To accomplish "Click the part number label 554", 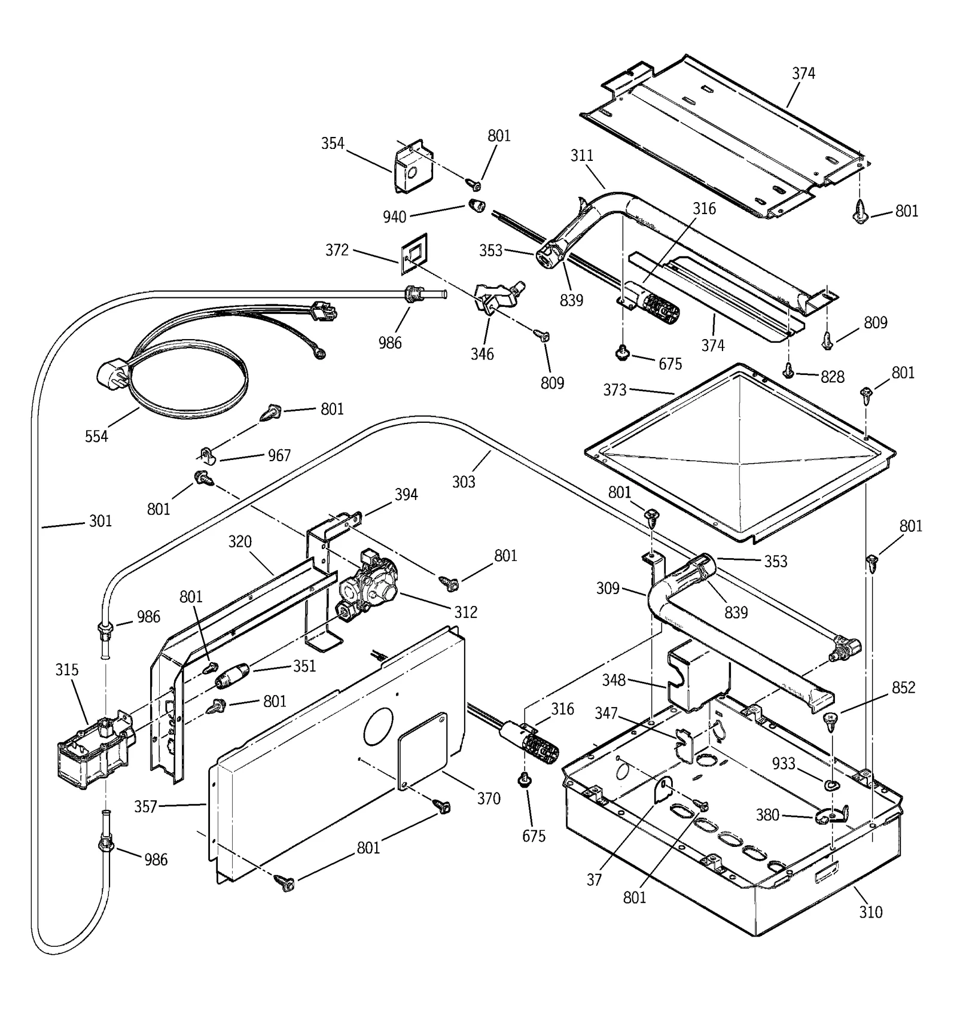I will (96, 437).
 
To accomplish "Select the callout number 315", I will (67, 670).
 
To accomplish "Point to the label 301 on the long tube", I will (100, 521).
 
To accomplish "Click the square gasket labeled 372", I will (414, 254).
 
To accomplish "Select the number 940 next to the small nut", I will (394, 217).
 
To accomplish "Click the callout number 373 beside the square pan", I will (614, 390).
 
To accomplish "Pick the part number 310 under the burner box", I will (870, 912).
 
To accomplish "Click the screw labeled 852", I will (830, 720).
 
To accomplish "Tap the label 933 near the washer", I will (784, 764).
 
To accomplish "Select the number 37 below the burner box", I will (594, 880).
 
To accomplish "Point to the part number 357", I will (145, 806).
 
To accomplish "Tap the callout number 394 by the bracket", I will (406, 495).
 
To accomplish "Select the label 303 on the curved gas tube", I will (464, 481).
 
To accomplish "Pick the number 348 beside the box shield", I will (614, 680).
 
